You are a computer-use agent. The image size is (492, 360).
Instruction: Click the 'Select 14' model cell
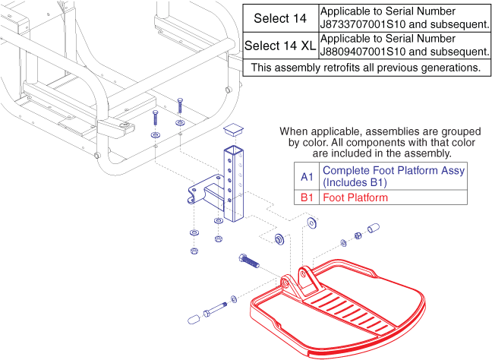pyautogui.click(x=280, y=17)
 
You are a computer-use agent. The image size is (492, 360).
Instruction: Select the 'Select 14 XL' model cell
pyautogui.click(x=280, y=46)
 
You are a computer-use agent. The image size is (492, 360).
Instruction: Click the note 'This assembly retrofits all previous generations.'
pyautogui.click(x=366, y=67)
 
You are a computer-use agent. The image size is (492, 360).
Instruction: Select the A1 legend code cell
pyautogui.click(x=307, y=176)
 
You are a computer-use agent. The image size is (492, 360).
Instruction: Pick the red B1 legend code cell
pyautogui.click(x=307, y=197)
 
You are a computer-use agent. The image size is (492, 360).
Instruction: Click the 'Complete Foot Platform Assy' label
pyautogui.click(x=392, y=171)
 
